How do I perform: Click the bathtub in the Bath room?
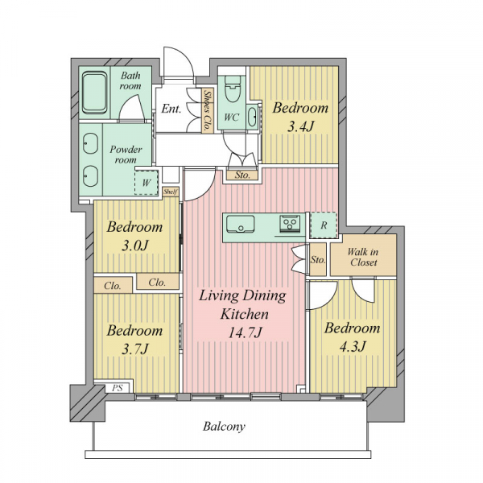(94, 93)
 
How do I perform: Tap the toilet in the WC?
(233, 89)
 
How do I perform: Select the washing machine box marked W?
(147, 183)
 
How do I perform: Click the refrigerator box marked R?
(323, 225)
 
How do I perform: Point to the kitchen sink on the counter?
(240, 224)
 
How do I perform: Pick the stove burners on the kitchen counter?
(290, 224)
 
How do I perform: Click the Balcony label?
(224, 427)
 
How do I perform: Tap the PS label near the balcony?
(118, 388)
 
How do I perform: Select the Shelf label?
(171, 192)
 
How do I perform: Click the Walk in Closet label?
(363, 258)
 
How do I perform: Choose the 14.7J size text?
(245, 332)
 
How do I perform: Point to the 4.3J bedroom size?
(353, 346)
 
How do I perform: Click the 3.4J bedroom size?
(300, 126)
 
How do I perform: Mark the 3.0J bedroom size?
(135, 246)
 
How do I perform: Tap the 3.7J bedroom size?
(135, 349)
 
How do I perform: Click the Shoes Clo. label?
(208, 110)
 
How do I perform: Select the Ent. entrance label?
(171, 109)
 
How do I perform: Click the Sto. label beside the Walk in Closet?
(318, 260)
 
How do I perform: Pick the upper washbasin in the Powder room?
(90, 143)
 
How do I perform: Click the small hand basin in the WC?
(252, 117)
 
